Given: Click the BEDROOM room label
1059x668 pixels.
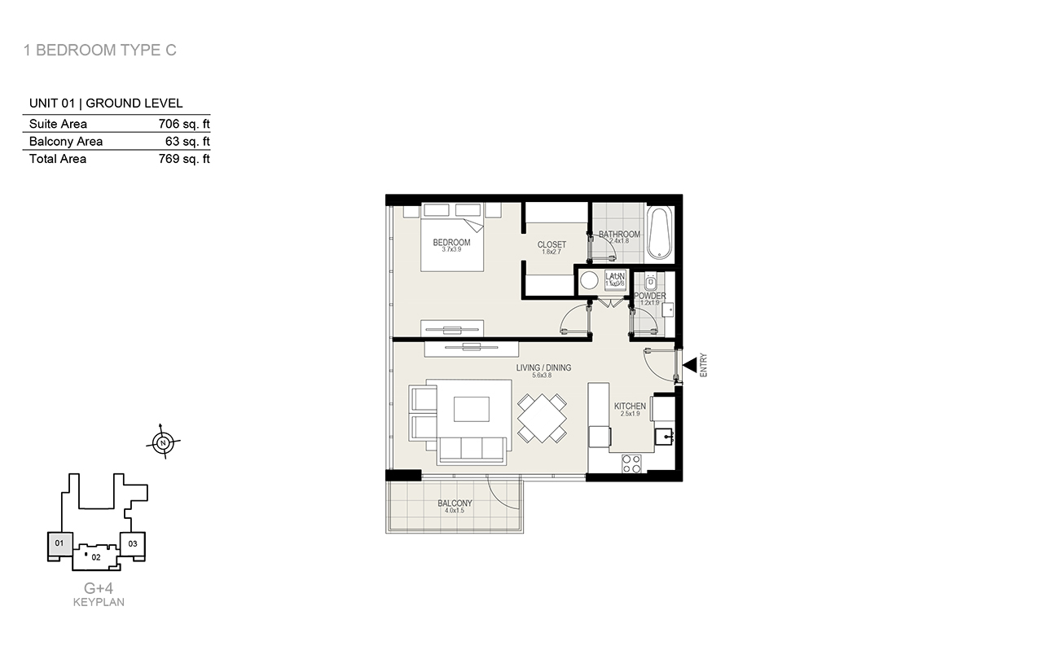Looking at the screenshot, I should [x=451, y=243].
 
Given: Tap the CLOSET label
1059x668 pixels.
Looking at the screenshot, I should [x=551, y=245].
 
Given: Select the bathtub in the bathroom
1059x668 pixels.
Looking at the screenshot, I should [x=659, y=233].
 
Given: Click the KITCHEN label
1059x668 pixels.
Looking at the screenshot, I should [x=630, y=407].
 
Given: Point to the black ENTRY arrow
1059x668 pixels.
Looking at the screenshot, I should [x=689, y=366].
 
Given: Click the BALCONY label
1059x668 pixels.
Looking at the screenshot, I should [x=455, y=503].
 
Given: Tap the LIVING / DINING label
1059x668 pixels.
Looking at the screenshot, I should [x=543, y=368].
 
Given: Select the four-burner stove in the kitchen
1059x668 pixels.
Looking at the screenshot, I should [x=631, y=464].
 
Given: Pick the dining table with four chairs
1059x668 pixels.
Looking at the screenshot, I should [x=543, y=418].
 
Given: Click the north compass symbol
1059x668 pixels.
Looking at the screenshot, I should [x=164, y=443].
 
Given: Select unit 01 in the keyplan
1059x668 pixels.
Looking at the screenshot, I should [x=59, y=543].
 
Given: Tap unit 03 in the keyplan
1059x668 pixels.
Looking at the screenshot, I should [x=133, y=543].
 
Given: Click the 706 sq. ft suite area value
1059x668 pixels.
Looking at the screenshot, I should [x=184, y=124].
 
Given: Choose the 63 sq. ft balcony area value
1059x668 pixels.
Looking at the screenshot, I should [x=187, y=142].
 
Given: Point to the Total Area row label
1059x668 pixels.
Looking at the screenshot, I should [x=58, y=159].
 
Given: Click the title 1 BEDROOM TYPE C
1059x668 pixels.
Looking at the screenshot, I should [x=100, y=51].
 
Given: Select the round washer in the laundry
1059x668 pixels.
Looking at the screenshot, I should [x=589, y=279].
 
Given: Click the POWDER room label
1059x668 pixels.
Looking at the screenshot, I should [x=650, y=297].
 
